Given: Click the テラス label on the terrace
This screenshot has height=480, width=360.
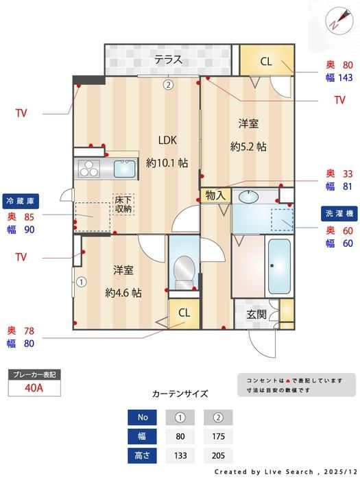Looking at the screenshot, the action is [x=168, y=60].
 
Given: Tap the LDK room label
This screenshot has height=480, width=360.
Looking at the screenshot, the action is [x=167, y=140].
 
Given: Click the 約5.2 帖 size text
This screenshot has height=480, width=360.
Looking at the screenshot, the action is [x=248, y=147].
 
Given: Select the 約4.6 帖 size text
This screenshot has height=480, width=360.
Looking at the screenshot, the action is [x=123, y=293].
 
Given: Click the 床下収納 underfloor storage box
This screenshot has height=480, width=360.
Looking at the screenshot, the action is [x=123, y=204].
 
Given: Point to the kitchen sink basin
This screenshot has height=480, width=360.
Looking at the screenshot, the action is [x=125, y=169].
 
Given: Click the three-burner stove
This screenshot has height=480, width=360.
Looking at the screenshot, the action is [x=89, y=169].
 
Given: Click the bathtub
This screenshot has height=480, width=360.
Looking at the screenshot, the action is [x=279, y=266].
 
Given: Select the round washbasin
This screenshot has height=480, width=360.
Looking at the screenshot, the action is [x=248, y=197].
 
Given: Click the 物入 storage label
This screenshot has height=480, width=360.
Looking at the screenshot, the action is [x=215, y=195].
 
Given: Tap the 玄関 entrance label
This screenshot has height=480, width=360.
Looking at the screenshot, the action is [x=256, y=314].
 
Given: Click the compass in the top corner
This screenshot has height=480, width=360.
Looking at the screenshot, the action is [x=338, y=19].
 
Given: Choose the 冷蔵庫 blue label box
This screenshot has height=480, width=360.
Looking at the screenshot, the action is [x=21, y=201].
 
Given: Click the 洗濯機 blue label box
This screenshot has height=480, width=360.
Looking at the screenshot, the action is [x=339, y=213].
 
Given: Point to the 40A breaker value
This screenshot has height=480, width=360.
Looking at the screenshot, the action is [x=34, y=388].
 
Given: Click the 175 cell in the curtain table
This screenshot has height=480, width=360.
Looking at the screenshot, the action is [x=218, y=436].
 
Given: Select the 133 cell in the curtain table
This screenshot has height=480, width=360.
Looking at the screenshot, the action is [x=180, y=455].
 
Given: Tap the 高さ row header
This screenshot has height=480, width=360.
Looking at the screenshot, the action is [x=142, y=455].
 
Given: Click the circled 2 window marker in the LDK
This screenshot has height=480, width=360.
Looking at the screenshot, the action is [x=168, y=84].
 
